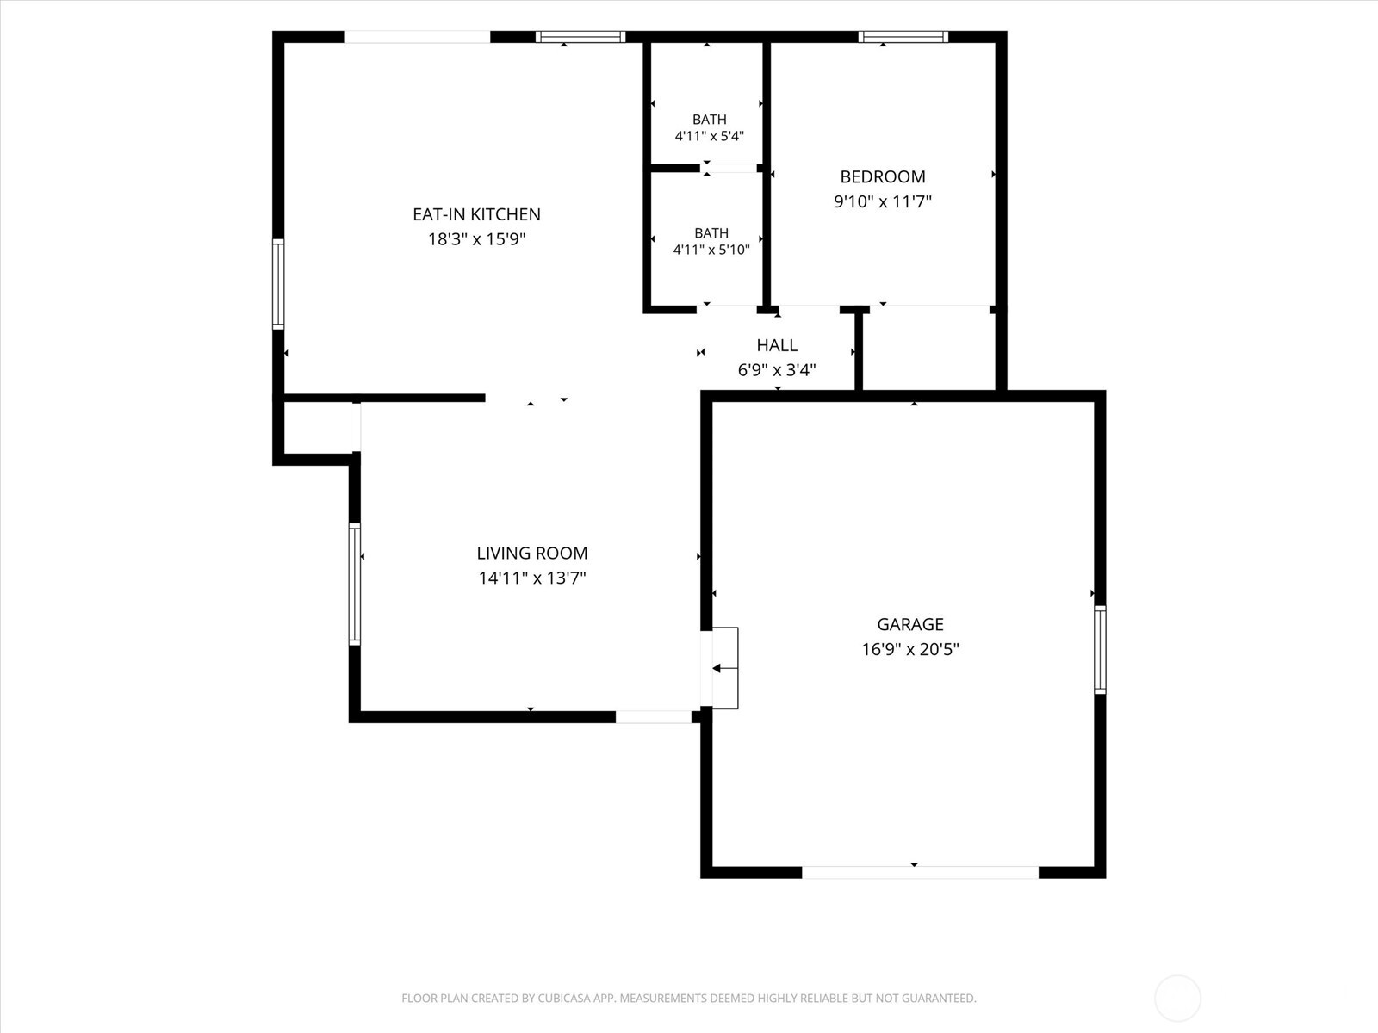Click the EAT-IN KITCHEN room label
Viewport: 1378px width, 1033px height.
[x=476, y=214]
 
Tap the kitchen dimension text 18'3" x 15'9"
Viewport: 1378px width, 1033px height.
[x=476, y=239]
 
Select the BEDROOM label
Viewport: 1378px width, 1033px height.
[x=883, y=176]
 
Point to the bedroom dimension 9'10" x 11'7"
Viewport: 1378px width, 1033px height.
[x=883, y=202]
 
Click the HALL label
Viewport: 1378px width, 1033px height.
[x=777, y=345]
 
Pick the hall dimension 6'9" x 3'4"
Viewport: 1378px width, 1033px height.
[x=777, y=371]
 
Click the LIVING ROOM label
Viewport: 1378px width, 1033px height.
[x=532, y=554]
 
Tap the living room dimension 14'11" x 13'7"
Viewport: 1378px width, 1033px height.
[x=532, y=578]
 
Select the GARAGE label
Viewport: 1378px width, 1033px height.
[x=910, y=625]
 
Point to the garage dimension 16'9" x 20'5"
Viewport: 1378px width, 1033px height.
[x=910, y=649]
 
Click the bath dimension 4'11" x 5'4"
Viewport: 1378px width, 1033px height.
[x=710, y=136]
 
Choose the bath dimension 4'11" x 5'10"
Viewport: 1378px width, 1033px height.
[x=711, y=251]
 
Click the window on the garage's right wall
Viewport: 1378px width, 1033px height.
[x=1100, y=649]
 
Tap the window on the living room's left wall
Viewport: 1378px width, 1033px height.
[x=355, y=584]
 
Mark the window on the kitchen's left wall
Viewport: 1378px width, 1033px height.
[x=278, y=283]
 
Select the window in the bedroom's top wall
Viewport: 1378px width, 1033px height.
[x=903, y=37]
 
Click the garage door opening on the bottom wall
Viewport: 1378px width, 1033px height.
[x=921, y=872]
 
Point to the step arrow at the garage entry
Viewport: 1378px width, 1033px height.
[x=724, y=669]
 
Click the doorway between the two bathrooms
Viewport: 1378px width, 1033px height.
[x=729, y=168]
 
